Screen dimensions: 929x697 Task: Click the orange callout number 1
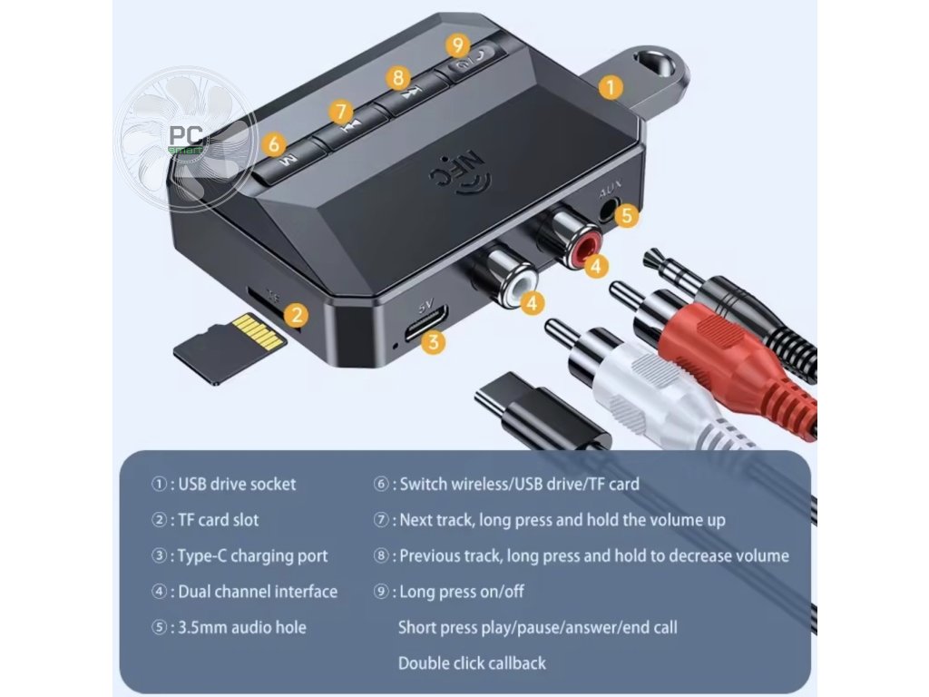tap(611, 87)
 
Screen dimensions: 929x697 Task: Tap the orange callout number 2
tap(295, 315)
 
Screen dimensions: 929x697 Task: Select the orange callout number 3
tap(435, 342)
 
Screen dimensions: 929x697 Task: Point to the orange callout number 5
tap(626, 216)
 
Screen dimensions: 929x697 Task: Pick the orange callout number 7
tap(341, 112)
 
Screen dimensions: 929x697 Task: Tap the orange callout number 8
tap(396, 77)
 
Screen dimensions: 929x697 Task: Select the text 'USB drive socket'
tap(237, 484)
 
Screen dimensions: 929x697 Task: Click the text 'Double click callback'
tap(472, 663)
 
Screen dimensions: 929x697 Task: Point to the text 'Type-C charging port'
tap(252, 555)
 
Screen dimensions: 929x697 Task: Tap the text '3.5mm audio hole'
tap(241, 627)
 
